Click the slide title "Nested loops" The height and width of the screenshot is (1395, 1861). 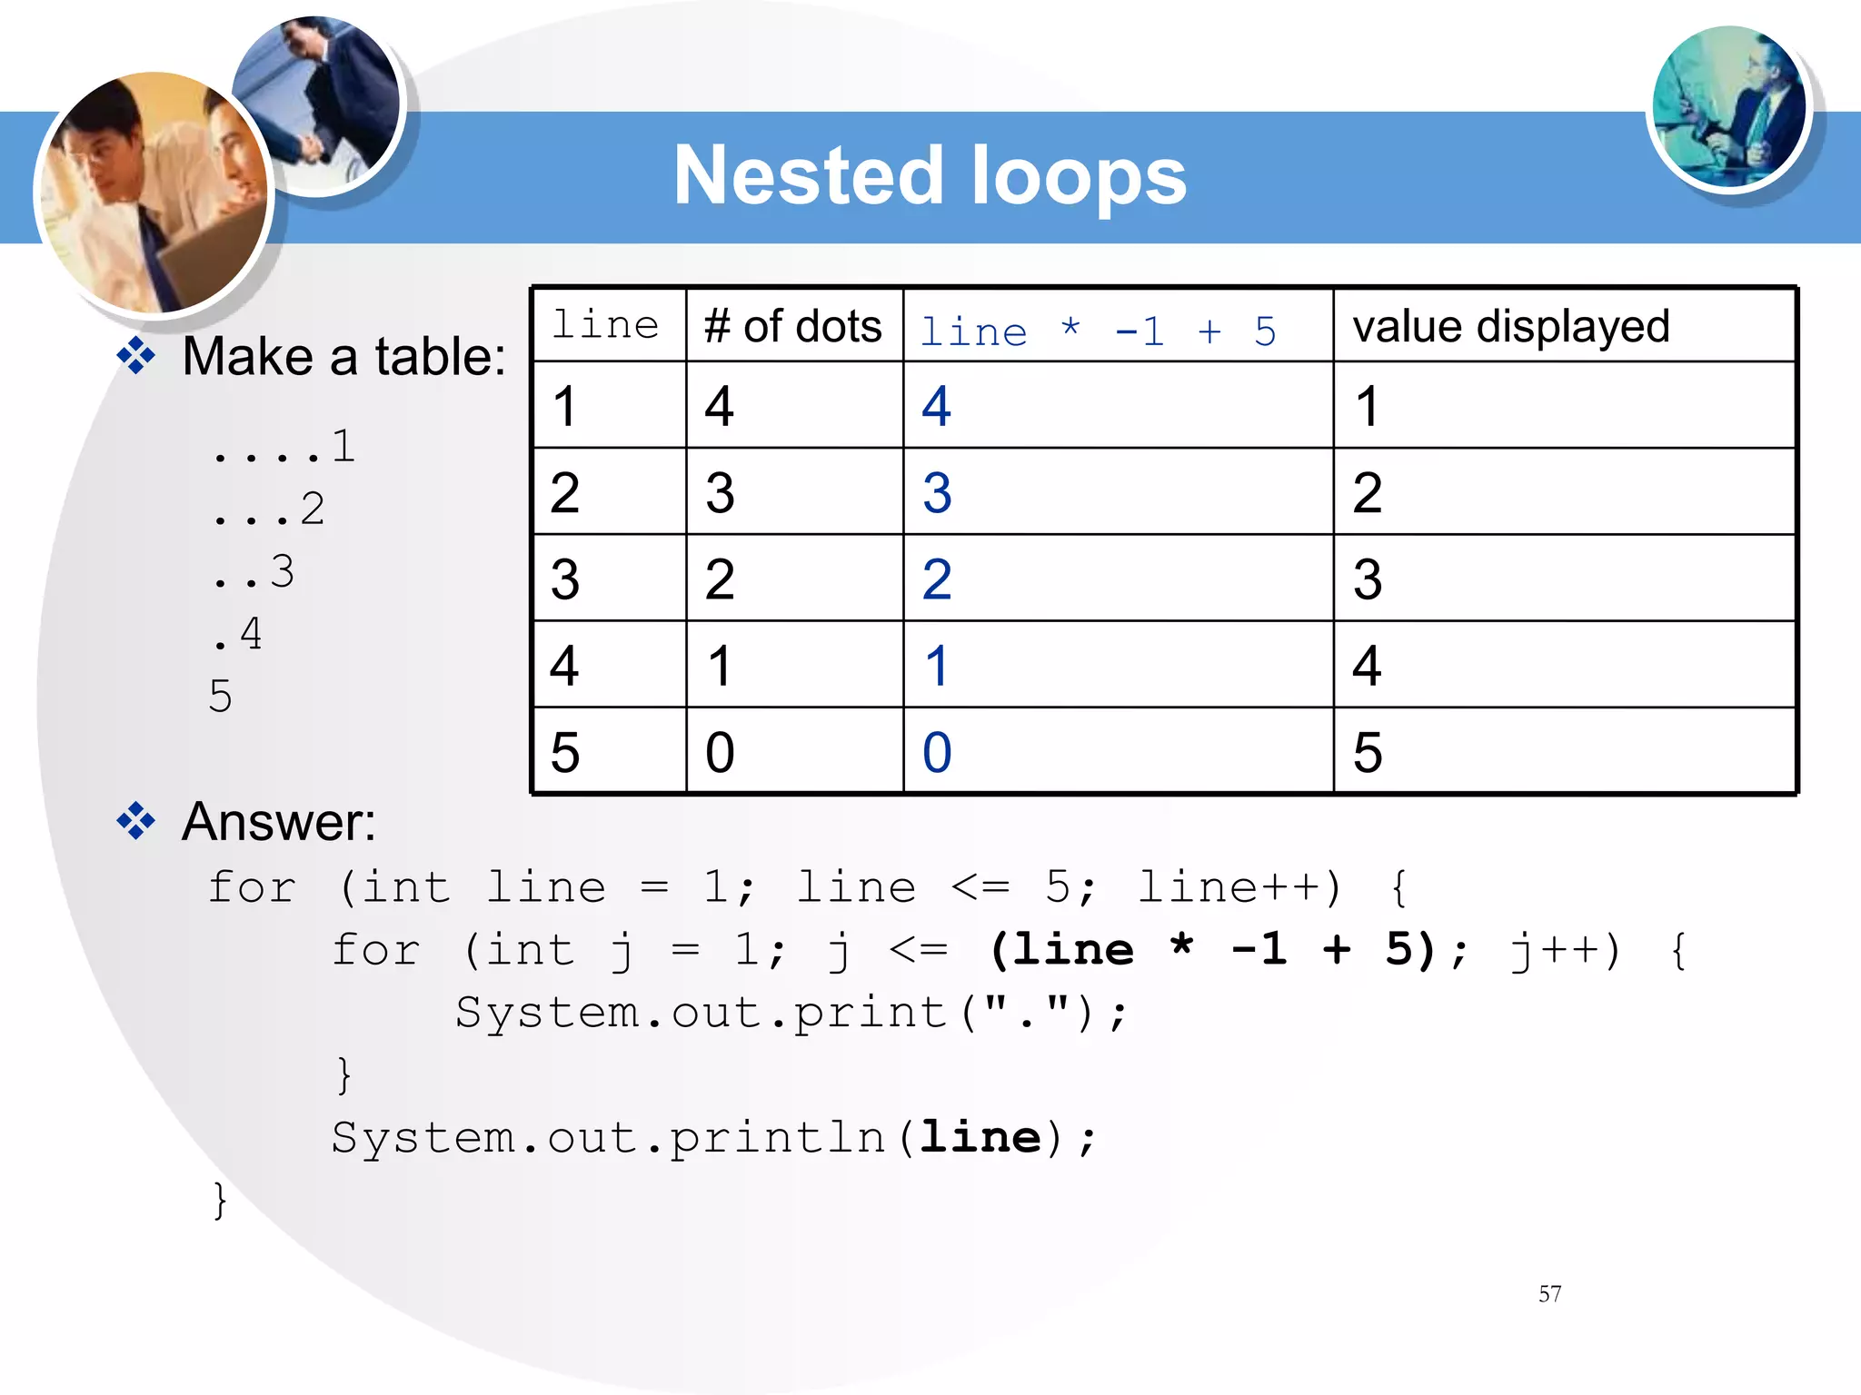pyautogui.click(x=930, y=176)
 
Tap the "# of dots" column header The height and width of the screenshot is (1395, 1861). pyautogui.click(x=792, y=326)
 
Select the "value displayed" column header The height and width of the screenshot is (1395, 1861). pyautogui.click(x=1510, y=326)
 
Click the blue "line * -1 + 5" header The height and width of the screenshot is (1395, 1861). pyautogui.click(x=1098, y=331)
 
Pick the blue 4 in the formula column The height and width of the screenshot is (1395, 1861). pyautogui.click(x=936, y=406)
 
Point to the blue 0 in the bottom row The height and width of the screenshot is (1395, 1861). pyautogui.click(x=937, y=752)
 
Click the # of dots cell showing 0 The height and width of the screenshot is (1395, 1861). pyautogui.click(x=720, y=752)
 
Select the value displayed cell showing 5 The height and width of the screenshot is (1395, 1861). pyautogui.click(x=1367, y=752)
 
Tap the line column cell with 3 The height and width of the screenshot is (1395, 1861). pyautogui.click(x=564, y=579)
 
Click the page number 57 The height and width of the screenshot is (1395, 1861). pyautogui.click(x=1549, y=1293)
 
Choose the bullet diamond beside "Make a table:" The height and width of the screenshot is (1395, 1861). pyautogui.click(x=136, y=355)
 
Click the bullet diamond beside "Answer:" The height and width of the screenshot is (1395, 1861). pyautogui.click(x=136, y=821)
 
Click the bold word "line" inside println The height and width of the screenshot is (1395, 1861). pyautogui.click(x=980, y=1137)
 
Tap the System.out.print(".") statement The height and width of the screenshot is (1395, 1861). pyautogui.click(x=791, y=1013)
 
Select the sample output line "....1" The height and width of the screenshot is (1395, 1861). pyautogui.click(x=283, y=447)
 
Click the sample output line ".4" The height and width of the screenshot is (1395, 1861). pyautogui.click(x=237, y=635)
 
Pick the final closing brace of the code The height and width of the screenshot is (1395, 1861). pyautogui.click(x=219, y=1200)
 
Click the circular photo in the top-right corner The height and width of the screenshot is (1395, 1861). pyautogui.click(x=1728, y=107)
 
